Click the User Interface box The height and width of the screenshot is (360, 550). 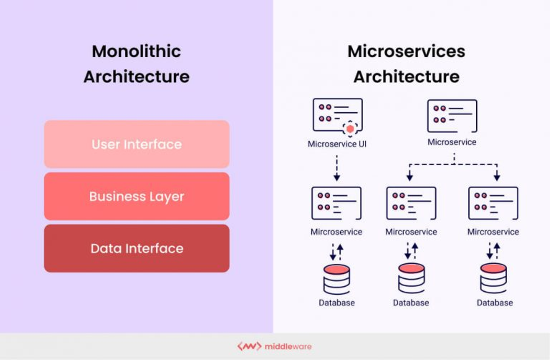(x=137, y=144)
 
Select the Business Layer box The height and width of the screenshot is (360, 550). (x=137, y=196)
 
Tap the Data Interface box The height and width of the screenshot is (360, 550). (x=137, y=248)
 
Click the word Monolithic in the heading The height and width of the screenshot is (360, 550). (x=136, y=52)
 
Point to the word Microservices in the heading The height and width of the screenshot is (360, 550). (x=406, y=52)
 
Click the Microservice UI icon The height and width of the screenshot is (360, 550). (x=337, y=115)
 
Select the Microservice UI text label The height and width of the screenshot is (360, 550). (x=337, y=144)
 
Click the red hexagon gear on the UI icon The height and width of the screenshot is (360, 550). (x=350, y=129)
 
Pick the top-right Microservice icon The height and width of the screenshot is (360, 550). (x=452, y=116)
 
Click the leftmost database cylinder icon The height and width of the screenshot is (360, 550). (x=336, y=279)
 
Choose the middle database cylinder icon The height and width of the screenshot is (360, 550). (x=411, y=278)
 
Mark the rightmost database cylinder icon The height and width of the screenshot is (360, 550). (x=493, y=278)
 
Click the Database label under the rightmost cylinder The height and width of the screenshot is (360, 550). (x=495, y=303)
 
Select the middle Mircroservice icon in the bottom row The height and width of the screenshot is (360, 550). (x=411, y=203)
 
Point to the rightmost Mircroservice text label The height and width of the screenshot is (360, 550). (x=493, y=232)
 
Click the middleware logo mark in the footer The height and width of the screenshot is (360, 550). (x=249, y=346)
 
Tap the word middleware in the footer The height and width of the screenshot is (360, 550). (x=288, y=347)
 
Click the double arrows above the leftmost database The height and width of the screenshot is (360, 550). (x=336, y=252)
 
